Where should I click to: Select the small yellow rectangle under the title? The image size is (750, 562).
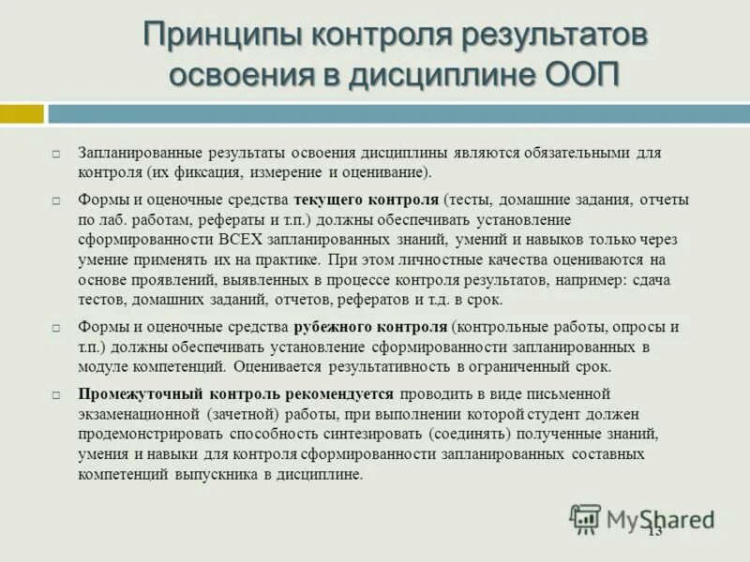(x=22, y=114)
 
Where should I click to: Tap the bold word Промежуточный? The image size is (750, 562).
(x=139, y=393)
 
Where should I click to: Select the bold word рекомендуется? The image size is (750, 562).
(x=335, y=393)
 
